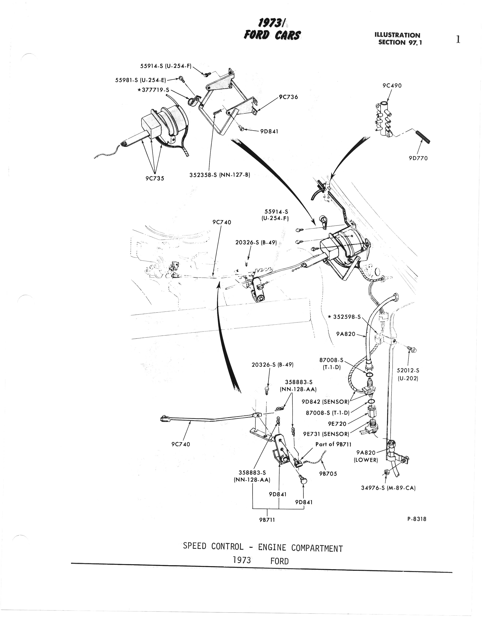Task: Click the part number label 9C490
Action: [x=392, y=86]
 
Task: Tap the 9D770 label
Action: [x=418, y=158]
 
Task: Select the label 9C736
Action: [x=288, y=97]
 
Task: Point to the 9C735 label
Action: [x=155, y=178]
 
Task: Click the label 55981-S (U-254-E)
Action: [x=141, y=81]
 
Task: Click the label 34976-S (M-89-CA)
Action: [x=388, y=488]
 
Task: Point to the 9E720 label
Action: [x=337, y=424]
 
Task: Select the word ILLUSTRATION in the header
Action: [x=397, y=35]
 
